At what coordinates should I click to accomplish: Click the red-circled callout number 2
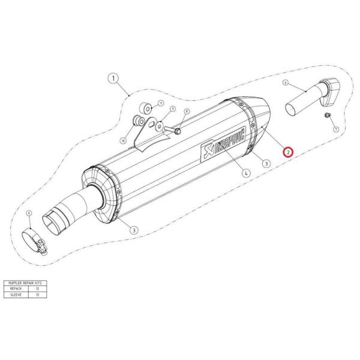point(289,152)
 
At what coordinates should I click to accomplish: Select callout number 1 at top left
point(113,78)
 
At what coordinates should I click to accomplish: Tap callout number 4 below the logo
point(246,173)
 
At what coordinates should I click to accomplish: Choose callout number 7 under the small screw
point(335,129)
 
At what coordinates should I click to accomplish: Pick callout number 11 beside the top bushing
point(161,104)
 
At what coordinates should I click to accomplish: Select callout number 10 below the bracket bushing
point(124,140)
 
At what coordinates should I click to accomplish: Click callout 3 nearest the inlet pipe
point(133,229)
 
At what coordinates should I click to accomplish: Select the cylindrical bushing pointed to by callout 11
point(145,109)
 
